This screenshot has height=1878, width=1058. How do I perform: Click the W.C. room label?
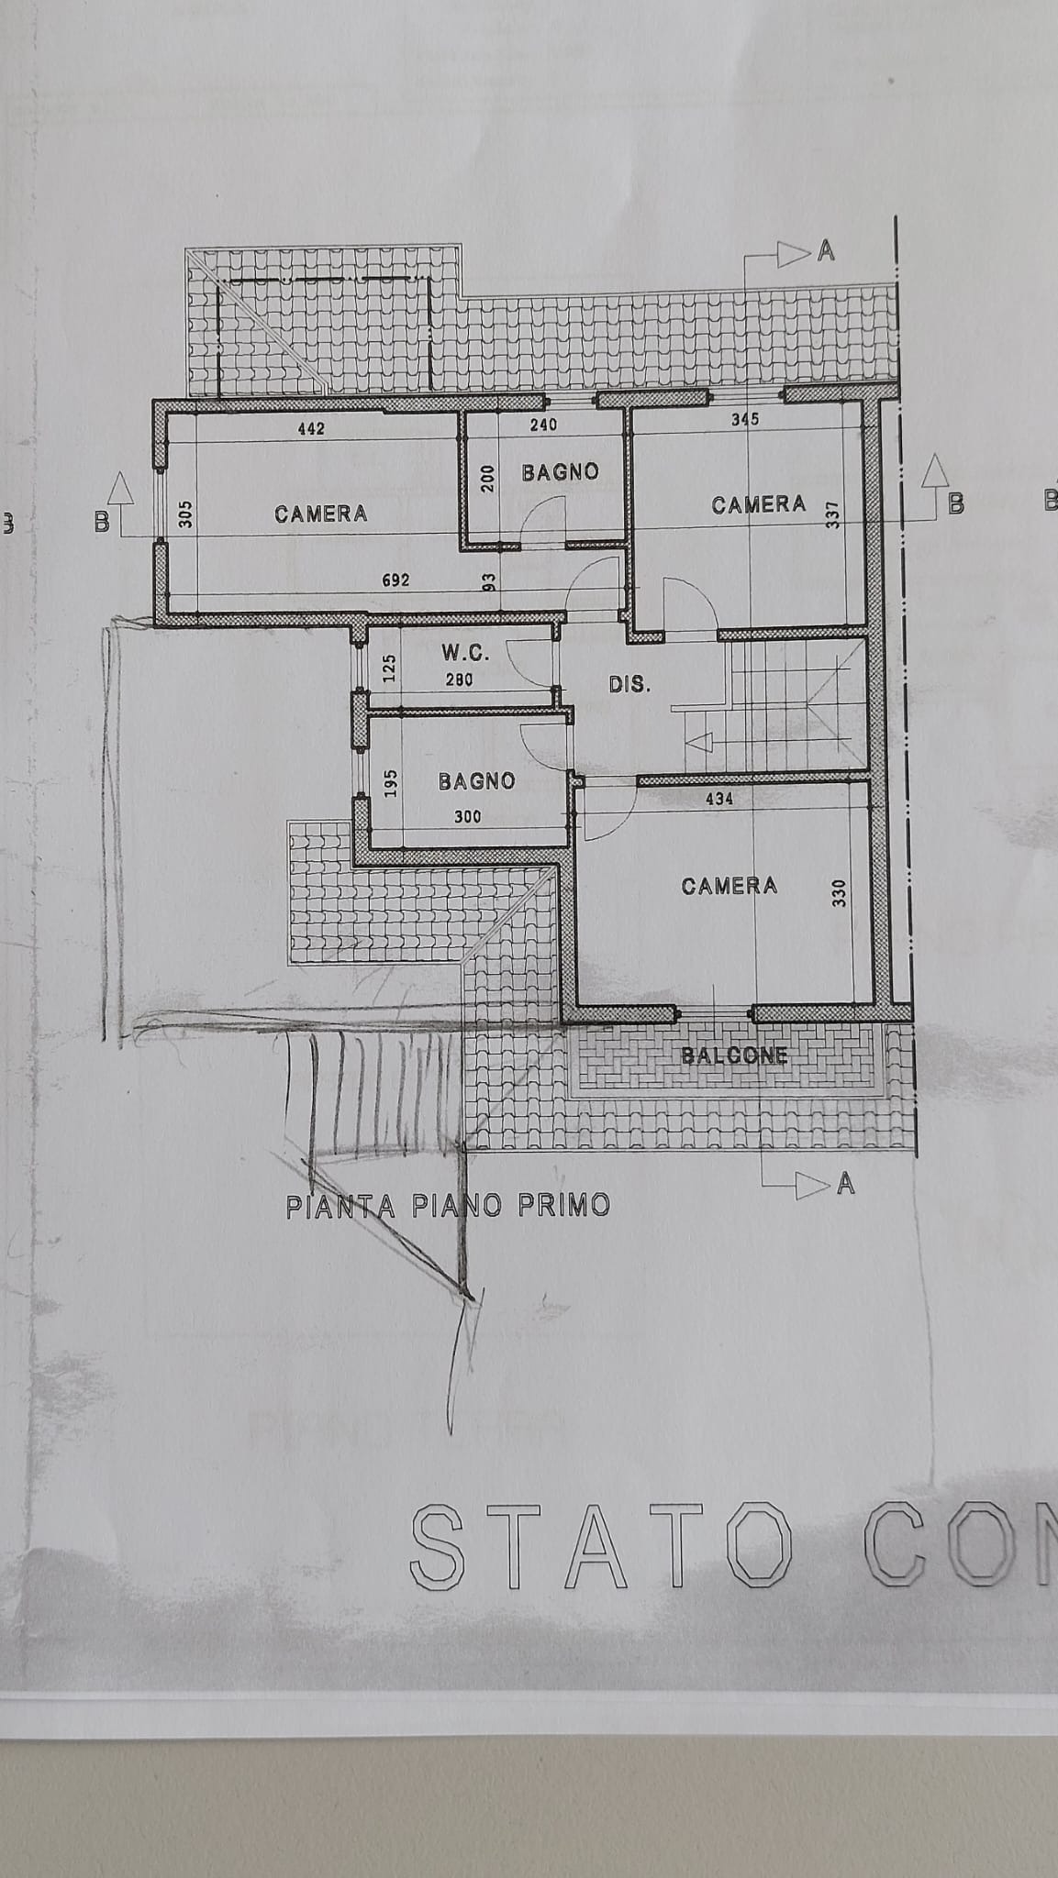tap(465, 653)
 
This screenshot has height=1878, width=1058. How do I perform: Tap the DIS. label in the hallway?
tap(630, 684)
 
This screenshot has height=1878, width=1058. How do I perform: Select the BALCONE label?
tap(734, 1055)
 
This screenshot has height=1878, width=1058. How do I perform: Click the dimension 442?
tap(312, 428)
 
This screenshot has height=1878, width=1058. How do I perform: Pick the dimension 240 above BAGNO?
tap(543, 424)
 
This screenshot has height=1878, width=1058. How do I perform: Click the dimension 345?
tap(745, 419)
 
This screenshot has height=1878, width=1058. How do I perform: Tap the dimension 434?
tap(718, 799)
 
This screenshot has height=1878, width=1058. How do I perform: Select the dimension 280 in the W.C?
tap(459, 679)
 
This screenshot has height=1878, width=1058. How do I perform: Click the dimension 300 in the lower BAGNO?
tap(468, 817)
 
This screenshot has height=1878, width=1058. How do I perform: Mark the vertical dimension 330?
tap(838, 892)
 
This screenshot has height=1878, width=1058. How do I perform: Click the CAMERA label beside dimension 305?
tap(321, 514)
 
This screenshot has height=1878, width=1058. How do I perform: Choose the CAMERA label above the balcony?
tap(729, 886)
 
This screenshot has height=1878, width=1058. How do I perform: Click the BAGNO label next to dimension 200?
tap(560, 472)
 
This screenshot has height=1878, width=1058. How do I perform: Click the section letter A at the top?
tap(826, 251)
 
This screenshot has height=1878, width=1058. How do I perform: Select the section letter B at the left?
tap(102, 523)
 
